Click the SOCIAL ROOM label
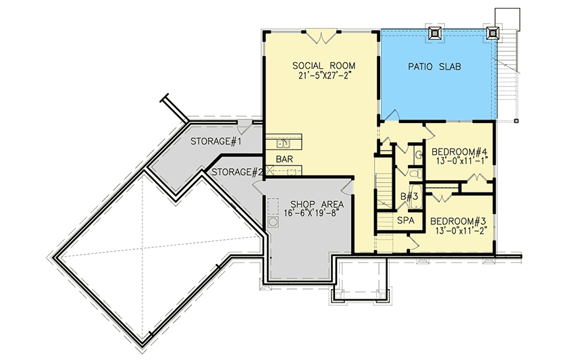[319, 65]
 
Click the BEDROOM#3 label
[459, 221]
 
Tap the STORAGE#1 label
[216, 141]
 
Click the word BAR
[284, 160]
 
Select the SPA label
[405, 221]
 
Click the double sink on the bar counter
[284, 143]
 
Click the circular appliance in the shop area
[273, 222]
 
